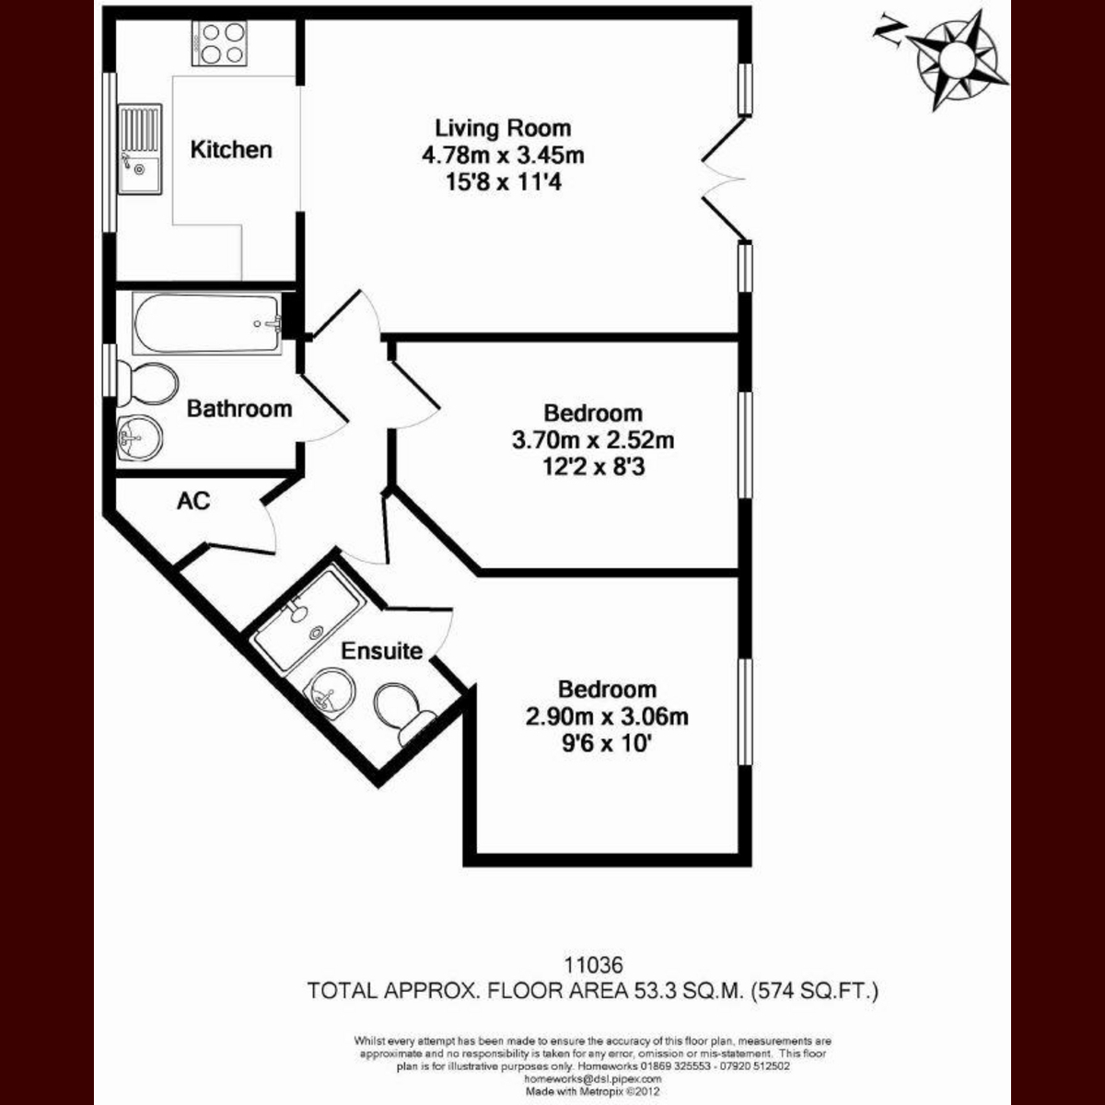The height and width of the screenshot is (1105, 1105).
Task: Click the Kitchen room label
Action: pos(231,150)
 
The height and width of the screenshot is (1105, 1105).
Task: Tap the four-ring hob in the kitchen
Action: pos(220,44)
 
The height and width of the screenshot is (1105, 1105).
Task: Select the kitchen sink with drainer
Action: pos(140,149)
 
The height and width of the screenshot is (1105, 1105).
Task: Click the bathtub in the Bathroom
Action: pos(207,323)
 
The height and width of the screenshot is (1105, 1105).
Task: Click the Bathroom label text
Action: pos(239,410)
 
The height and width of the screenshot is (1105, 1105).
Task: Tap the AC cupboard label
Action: pos(193,501)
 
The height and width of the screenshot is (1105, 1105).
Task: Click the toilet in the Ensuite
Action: pos(405,713)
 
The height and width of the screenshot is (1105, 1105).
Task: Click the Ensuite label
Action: pos(382,651)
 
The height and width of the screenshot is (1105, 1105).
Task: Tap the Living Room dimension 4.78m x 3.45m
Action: pos(503,156)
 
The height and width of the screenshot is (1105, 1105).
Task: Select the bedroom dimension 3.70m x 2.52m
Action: pos(593,440)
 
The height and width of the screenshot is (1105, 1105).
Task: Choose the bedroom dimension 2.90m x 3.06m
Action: pos(607,716)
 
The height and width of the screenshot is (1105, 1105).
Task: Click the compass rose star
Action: pos(957,62)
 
